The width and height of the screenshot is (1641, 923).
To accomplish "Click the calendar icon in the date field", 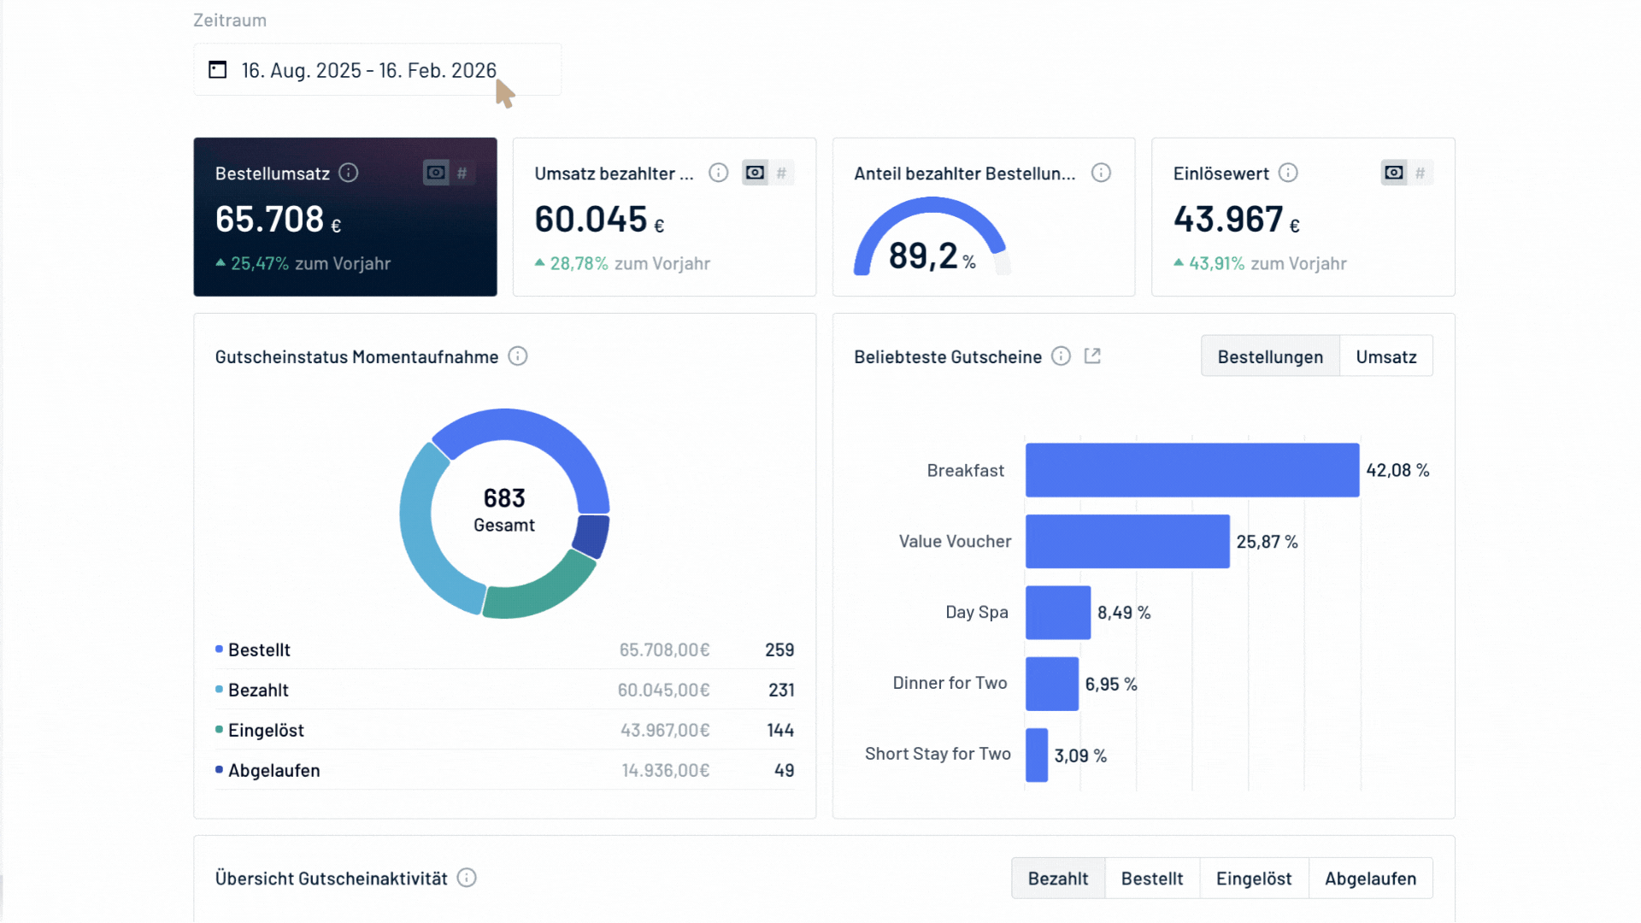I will (x=218, y=69).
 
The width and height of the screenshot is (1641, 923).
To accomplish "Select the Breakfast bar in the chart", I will (x=1191, y=470).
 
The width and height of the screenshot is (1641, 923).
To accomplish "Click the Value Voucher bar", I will (x=1126, y=541).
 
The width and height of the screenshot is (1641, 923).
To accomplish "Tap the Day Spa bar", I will (x=1057, y=613).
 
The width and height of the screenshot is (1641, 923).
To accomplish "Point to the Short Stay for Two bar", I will (x=1036, y=755).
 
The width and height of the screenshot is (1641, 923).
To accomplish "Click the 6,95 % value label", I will (x=1110, y=684).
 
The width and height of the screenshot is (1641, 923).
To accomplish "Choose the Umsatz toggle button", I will (x=1385, y=356).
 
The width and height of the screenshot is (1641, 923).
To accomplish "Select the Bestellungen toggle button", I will (x=1269, y=356).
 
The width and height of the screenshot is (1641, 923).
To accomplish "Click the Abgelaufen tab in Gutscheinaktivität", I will (x=1370, y=879).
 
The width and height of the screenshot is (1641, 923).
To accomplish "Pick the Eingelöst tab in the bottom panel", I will (x=1253, y=879).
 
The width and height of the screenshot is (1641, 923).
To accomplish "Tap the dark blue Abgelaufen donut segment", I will (x=591, y=535).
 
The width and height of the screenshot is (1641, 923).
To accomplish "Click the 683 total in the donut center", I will (x=504, y=498).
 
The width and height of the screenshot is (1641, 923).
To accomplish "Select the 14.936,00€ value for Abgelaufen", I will (x=665, y=770).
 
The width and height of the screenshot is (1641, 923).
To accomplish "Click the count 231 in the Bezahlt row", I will (x=781, y=690).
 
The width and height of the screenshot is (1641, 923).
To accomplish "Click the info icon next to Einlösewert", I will (x=1288, y=173).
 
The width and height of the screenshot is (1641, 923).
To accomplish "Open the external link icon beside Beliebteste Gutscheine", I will (x=1092, y=356).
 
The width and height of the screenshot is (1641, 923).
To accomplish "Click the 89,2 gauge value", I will (x=923, y=256).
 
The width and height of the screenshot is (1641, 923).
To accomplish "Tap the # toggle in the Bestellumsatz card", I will (x=462, y=173).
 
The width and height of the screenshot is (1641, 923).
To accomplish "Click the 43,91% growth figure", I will (x=1216, y=263).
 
